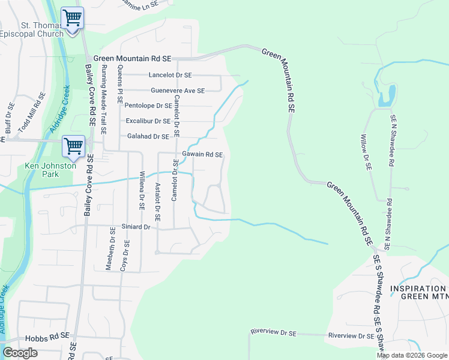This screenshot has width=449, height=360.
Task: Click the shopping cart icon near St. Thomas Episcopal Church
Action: (x=73, y=18)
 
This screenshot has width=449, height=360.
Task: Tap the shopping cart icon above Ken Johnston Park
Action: (x=73, y=146)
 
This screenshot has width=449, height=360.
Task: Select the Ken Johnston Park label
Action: (x=50, y=170)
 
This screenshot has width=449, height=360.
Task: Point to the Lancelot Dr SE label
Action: (x=170, y=75)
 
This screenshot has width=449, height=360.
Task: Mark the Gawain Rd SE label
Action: (x=202, y=155)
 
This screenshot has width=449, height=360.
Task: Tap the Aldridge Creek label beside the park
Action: (x=59, y=111)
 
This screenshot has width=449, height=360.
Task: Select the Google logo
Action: (x=20, y=353)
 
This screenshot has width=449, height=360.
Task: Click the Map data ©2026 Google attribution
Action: (x=412, y=355)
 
